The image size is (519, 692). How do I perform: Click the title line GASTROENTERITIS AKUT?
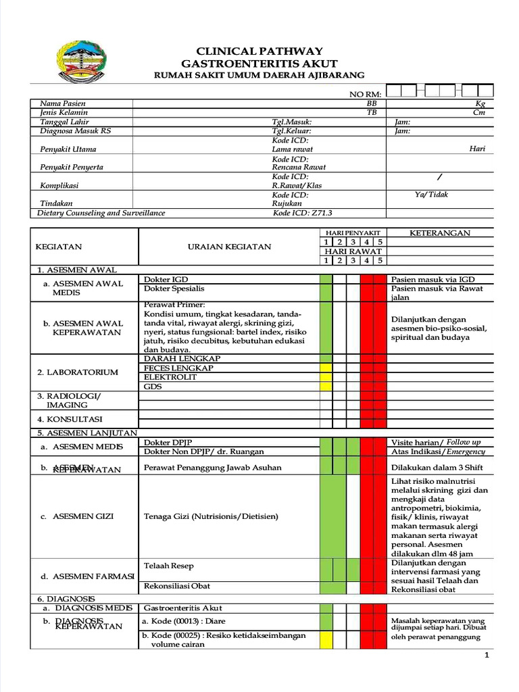point(259,63)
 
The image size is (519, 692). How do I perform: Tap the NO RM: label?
point(365,94)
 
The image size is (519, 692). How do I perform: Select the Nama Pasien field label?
point(60,103)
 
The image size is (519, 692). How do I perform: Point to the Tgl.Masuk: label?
point(291,122)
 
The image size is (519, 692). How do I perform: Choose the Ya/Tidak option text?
point(431,195)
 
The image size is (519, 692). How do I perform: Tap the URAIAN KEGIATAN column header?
point(229,247)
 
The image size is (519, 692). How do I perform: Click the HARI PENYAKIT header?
point(353,232)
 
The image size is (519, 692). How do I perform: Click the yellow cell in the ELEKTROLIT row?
point(326,377)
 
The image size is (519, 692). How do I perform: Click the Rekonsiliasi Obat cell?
point(172,586)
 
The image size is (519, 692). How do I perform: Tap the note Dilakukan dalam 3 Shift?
point(437,467)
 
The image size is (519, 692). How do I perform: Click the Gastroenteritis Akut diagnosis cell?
point(182,608)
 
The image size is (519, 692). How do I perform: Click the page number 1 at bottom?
point(487,656)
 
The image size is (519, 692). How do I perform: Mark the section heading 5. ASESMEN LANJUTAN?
point(87,432)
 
